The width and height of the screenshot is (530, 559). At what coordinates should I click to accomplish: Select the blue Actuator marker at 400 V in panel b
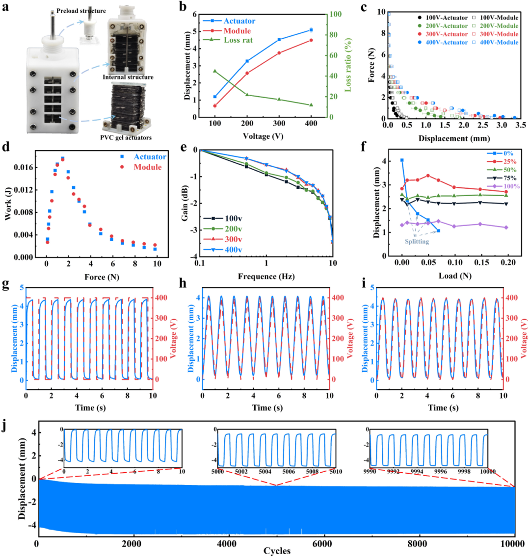[311, 30]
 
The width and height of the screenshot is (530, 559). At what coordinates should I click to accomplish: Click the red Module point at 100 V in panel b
[215, 106]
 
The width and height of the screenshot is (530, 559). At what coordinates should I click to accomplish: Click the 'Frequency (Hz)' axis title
[266, 277]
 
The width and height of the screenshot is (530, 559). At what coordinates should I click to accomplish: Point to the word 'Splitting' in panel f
[416, 242]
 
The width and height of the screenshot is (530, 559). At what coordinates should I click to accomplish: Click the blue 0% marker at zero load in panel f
[402, 160]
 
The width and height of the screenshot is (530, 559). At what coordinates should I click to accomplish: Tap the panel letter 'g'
[5, 284]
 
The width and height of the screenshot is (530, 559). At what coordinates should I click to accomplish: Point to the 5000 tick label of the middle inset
[218, 472]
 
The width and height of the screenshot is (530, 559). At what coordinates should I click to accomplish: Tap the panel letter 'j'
[5, 426]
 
